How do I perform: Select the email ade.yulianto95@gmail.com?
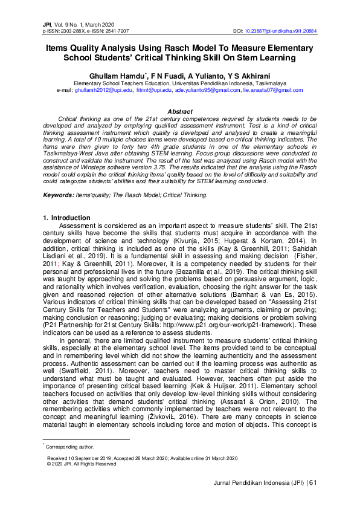207,89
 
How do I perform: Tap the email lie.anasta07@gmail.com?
272,89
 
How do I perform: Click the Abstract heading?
179,112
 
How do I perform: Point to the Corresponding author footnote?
68,447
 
